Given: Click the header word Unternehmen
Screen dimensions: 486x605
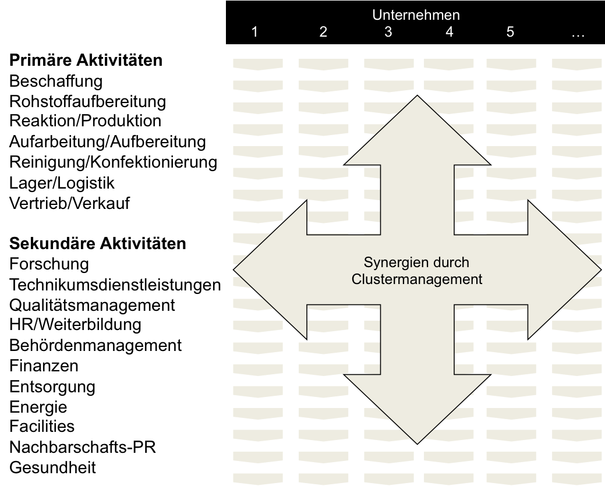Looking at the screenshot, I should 416,15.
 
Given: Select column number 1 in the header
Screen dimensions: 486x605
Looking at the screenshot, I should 254,33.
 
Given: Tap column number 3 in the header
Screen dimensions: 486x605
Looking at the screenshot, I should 388,33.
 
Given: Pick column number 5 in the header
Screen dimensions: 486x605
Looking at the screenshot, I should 510,33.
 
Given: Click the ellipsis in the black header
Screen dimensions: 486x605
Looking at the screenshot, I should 578,34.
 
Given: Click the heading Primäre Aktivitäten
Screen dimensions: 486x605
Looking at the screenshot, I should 86,61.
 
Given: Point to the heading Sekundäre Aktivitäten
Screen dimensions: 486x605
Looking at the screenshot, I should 98,243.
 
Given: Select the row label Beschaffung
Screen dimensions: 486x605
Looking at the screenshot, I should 56,81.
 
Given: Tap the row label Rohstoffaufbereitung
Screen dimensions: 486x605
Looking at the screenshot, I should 87,101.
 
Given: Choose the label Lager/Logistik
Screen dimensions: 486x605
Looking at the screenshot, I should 62,183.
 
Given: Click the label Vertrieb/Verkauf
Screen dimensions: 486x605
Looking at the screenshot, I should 70,204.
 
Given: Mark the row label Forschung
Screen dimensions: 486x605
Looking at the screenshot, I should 49,264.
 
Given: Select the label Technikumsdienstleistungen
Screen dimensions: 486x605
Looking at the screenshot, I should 115,285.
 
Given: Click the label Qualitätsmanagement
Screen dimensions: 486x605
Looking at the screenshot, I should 92,305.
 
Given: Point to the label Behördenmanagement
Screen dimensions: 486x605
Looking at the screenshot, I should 95,346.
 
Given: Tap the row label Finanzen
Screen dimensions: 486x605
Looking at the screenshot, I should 44,366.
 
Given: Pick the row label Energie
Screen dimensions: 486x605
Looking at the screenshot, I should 38,407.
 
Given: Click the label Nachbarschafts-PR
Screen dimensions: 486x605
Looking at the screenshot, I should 83,447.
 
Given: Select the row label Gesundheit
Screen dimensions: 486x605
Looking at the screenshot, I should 53,467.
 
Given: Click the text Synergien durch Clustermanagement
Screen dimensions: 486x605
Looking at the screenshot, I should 416,271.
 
